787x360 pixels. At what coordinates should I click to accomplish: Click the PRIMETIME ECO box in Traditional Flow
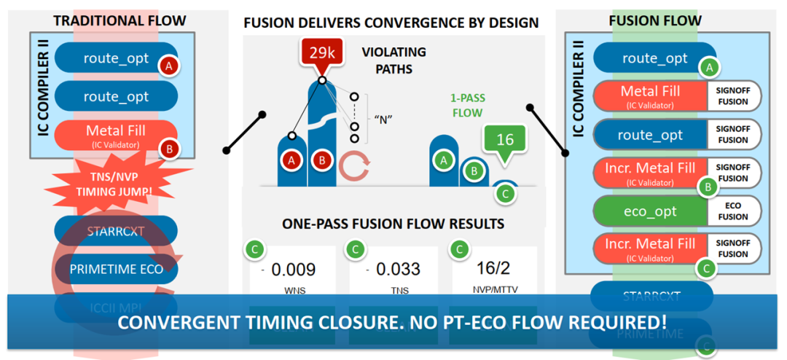(117, 269)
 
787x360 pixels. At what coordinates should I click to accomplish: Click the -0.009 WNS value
(291, 270)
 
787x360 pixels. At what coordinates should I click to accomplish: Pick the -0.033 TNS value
(394, 270)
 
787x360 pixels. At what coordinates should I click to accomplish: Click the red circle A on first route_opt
(170, 66)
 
